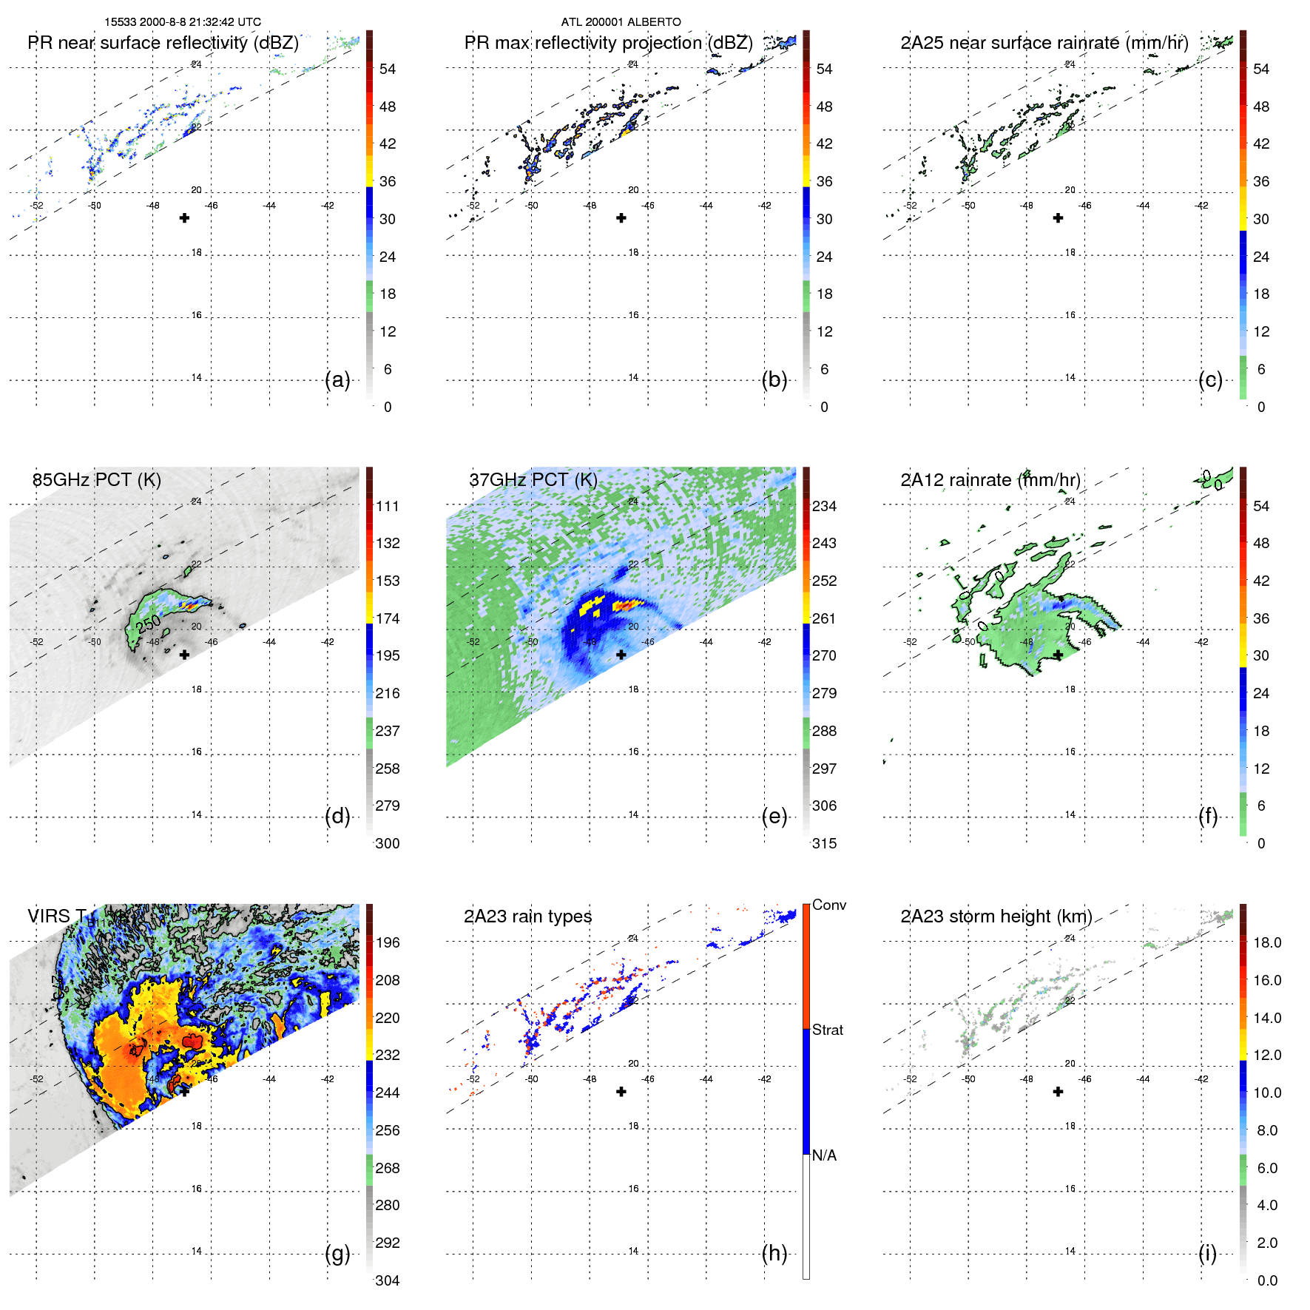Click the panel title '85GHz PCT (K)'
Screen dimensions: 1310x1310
(x=96, y=480)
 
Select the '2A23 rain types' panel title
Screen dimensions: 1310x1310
(x=527, y=916)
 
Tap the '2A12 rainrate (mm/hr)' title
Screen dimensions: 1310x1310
(x=990, y=480)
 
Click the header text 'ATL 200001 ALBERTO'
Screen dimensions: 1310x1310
(x=621, y=22)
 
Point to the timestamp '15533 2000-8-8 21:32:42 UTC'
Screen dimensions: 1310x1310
(x=183, y=22)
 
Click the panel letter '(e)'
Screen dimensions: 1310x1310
(x=774, y=817)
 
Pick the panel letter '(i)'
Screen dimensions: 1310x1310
(x=1207, y=1254)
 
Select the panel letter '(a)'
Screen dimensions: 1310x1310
(x=337, y=380)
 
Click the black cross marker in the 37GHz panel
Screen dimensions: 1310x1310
(x=621, y=655)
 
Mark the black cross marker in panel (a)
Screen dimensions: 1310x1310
(x=184, y=217)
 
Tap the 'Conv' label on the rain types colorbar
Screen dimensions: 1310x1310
(x=829, y=905)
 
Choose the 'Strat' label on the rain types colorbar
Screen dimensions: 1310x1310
(x=828, y=1030)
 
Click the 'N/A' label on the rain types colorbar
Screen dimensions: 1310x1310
(x=824, y=1155)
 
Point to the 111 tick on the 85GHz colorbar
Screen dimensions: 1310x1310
(x=388, y=506)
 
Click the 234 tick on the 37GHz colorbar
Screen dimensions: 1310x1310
(x=824, y=506)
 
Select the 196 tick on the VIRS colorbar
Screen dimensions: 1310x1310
(x=388, y=942)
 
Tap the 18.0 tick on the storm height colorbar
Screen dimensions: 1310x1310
(x=1267, y=942)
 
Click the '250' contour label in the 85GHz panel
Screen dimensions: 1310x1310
(x=148, y=624)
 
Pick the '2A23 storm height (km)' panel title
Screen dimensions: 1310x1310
(x=996, y=916)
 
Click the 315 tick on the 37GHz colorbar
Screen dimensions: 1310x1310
(x=824, y=843)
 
